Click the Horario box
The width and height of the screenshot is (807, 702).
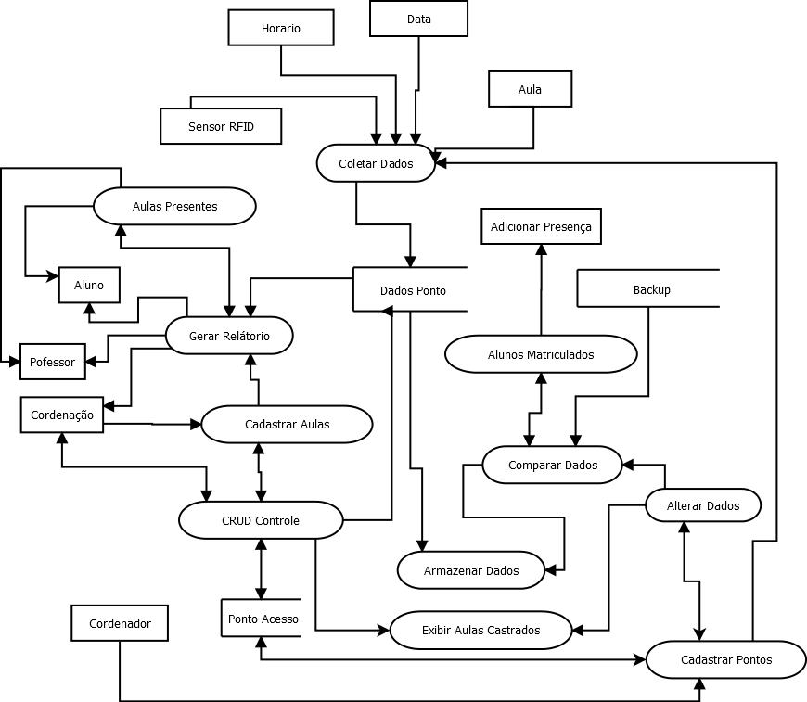coord(280,28)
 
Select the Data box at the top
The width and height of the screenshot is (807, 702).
coord(418,19)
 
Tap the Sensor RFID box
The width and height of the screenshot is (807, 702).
coord(221,126)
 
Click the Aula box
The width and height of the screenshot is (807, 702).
coord(530,89)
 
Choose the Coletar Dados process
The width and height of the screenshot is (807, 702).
coord(376,163)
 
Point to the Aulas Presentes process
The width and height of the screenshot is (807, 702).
coord(174,206)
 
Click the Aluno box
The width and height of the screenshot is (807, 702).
coord(89,285)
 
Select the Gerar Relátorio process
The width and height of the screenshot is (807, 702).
coord(229,336)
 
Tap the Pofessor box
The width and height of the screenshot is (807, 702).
coord(52,362)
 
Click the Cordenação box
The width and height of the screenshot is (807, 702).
coord(61,415)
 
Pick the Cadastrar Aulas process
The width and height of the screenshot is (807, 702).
coord(287,424)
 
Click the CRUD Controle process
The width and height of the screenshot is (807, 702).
coord(260,520)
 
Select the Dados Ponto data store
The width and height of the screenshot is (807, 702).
coord(412,290)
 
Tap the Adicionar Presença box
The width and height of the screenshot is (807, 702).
coord(541,226)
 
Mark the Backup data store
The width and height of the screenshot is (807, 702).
coord(649,289)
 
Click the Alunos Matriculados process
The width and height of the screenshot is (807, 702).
coord(541,354)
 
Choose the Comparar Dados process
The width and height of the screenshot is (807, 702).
coord(553,465)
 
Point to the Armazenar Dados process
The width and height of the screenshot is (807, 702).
coord(470,570)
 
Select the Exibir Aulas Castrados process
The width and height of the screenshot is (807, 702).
coord(480,630)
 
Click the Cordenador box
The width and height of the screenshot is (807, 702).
coord(120,623)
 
